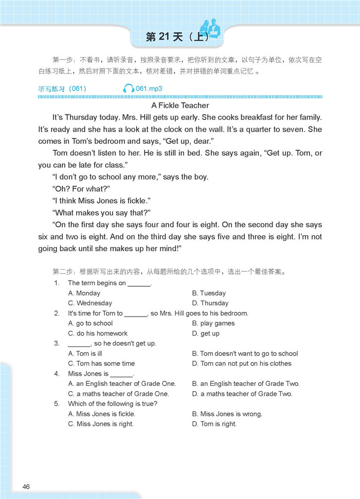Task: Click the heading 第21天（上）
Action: [x=177, y=37]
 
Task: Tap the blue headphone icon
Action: [x=129, y=89]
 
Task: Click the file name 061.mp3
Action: [x=149, y=89]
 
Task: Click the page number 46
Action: [x=26, y=486]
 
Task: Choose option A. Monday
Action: [x=84, y=293]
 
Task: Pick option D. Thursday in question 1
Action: [x=210, y=303]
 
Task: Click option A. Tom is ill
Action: [x=85, y=354]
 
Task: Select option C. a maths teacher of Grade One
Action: [x=118, y=394]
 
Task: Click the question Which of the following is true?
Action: [x=113, y=404]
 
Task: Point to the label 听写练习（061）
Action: [x=63, y=89]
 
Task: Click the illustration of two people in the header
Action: [x=210, y=27]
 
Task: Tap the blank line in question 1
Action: [x=139, y=284]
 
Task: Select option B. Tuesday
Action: [x=209, y=293]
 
